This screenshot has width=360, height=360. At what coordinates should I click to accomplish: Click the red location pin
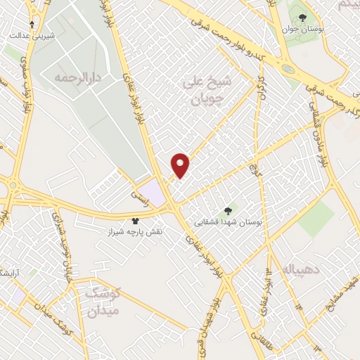click(x=181, y=165)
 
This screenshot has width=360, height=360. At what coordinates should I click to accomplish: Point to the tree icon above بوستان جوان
click(x=303, y=18)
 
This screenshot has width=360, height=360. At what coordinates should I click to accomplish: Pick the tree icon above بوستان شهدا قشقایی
click(x=227, y=210)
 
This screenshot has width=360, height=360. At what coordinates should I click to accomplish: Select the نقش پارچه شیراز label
click(x=135, y=231)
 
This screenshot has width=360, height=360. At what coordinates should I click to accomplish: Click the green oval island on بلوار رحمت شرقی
click(x=288, y=69)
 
